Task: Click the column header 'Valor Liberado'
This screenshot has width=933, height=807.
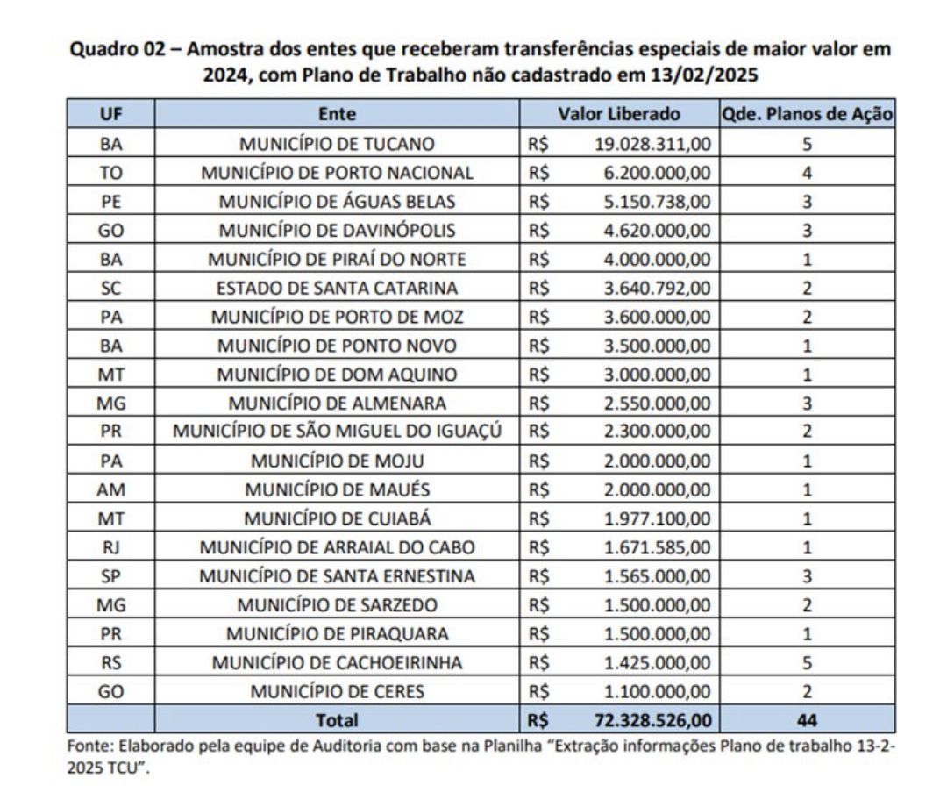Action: (x=619, y=114)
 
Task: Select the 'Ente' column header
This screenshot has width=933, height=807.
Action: (x=337, y=114)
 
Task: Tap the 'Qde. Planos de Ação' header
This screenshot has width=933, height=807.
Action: (x=806, y=114)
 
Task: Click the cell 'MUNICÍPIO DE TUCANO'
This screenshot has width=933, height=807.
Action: (x=337, y=143)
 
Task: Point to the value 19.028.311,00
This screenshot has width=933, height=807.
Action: (x=653, y=143)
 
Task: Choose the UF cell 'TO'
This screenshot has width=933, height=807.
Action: (x=110, y=172)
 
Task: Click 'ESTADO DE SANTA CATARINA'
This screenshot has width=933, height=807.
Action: (x=337, y=288)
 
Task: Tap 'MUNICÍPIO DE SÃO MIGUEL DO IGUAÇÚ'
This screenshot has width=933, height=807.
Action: (x=337, y=432)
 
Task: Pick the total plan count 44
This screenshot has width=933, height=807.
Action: (x=806, y=720)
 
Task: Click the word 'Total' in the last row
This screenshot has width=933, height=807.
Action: (x=337, y=720)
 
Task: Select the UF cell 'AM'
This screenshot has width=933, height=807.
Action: (x=110, y=489)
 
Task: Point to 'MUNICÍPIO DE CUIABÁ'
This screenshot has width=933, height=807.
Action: (x=337, y=518)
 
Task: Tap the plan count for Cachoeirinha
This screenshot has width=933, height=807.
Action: (x=806, y=662)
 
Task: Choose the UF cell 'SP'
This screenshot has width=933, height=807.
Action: (x=110, y=576)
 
